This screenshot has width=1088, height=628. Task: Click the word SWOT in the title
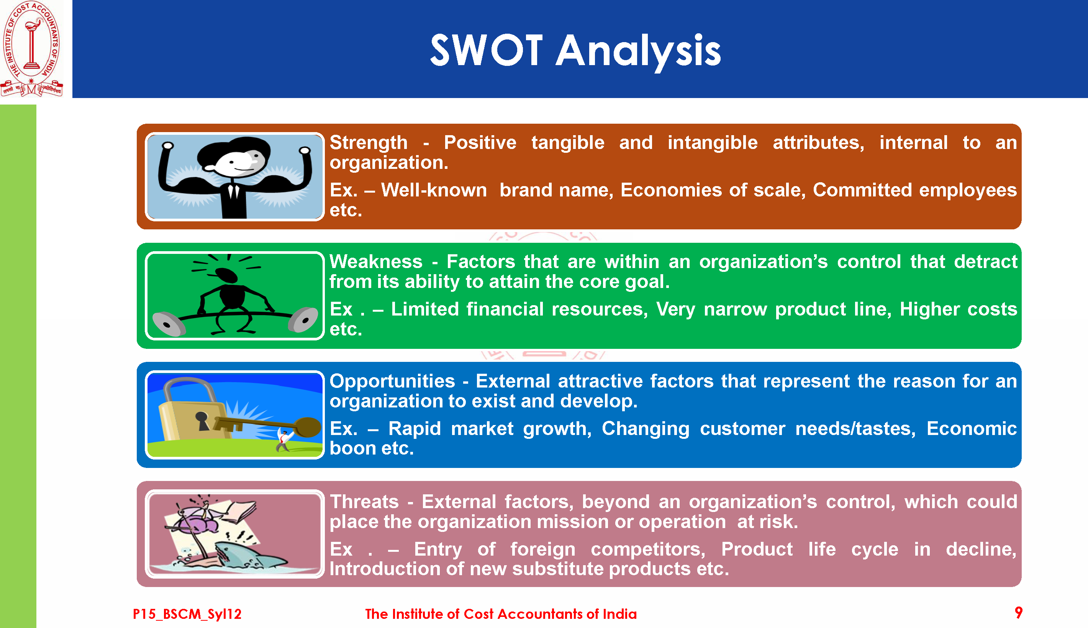[x=486, y=51]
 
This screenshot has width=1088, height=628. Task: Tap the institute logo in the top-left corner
[x=31, y=49]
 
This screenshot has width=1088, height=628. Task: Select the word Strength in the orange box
[x=369, y=143]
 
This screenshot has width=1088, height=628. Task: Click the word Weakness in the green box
[x=376, y=262]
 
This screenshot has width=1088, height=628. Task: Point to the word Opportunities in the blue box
[x=392, y=382]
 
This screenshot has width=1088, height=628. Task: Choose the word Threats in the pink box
[x=364, y=502]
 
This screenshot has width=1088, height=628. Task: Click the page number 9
[x=1019, y=613]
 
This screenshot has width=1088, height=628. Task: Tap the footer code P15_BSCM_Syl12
[x=187, y=614]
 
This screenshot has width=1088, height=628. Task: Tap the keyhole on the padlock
[x=202, y=420]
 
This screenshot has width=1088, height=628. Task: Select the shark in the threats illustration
[x=246, y=556]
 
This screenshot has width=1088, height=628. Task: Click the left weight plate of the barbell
[x=169, y=324]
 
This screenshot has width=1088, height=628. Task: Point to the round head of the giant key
[x=308, y=427]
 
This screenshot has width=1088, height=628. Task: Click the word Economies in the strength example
[x=671, y=190]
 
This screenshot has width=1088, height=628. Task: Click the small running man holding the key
[x=283, y=440]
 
